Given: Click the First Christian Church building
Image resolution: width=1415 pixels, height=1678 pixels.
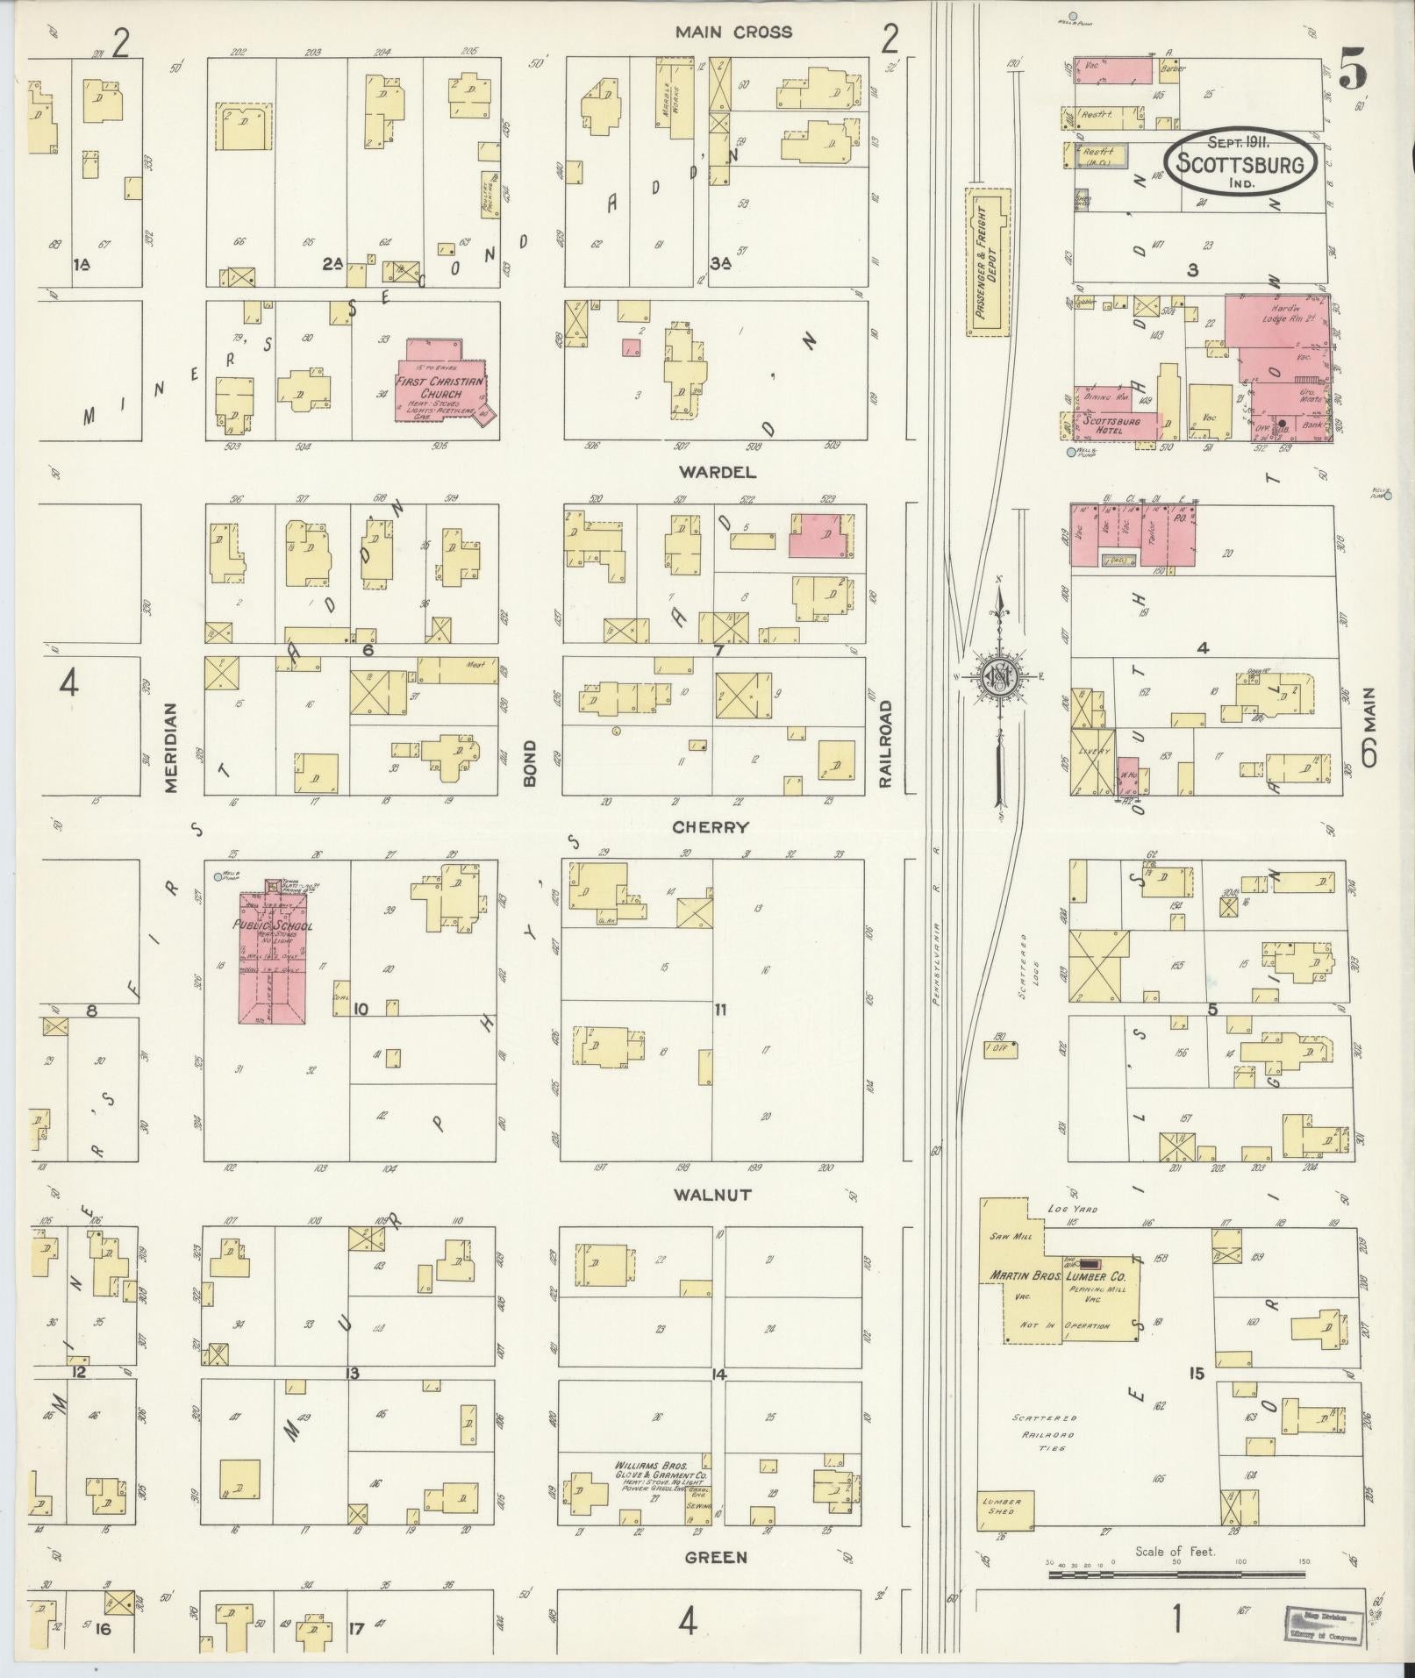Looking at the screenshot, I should (x=439, y=387).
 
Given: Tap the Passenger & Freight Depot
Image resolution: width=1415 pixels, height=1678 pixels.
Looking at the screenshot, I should (x=987, y=261).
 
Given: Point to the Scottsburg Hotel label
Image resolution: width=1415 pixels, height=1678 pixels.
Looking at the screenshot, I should (x=1111, y=425).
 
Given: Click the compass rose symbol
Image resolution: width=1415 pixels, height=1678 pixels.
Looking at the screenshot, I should (x=998, y=675).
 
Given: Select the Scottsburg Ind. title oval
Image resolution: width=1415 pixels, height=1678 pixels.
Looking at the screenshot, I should (x=1239, y=162).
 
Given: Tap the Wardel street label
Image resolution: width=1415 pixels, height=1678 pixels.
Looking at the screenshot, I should (x=716, y=472).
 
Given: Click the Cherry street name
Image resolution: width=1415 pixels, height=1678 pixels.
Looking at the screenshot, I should (x=711, y=827).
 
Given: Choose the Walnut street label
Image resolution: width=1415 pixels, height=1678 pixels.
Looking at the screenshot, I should (x=712, y=1195).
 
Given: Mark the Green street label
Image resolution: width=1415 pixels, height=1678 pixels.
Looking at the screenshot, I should (x=716, y=1557).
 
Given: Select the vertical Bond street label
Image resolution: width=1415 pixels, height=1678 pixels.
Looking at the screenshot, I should (x=529, y=763).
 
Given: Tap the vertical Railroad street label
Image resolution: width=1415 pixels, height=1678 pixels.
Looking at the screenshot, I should (x=886, y=742).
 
